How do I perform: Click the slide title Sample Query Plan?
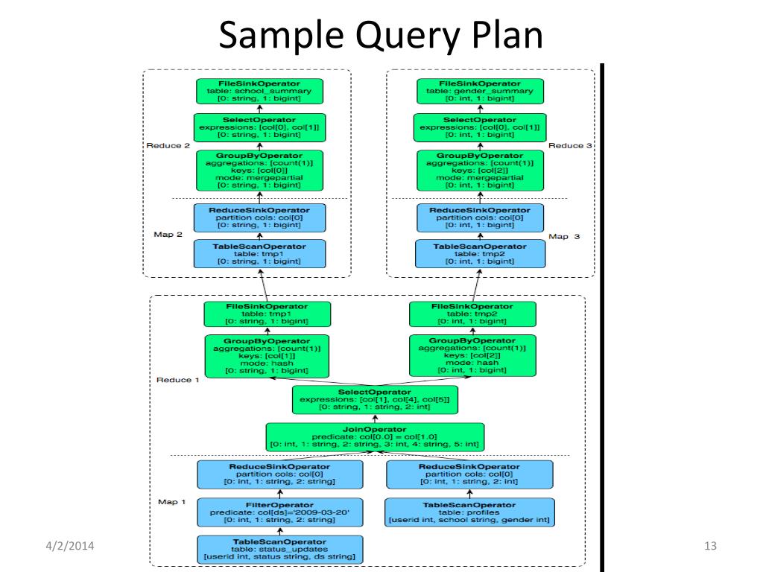381,36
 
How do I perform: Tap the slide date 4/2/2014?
70,546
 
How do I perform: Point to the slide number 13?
710,546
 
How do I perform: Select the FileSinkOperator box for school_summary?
259,91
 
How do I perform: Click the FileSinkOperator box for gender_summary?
480,91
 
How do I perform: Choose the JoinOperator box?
375,436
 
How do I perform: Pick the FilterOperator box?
280,512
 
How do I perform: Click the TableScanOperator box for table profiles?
469,512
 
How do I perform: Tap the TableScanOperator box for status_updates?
280,549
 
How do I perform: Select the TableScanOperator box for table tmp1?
259,253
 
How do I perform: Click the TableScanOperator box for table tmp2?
480,253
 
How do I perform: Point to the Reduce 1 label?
177,380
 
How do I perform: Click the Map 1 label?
172,501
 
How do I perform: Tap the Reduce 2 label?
168,145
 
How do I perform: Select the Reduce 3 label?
570,145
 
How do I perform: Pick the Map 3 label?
564,236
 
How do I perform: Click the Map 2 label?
168,235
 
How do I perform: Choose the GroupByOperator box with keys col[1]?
267,356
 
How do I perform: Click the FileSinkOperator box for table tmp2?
472,314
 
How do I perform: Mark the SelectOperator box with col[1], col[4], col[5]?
375,400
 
